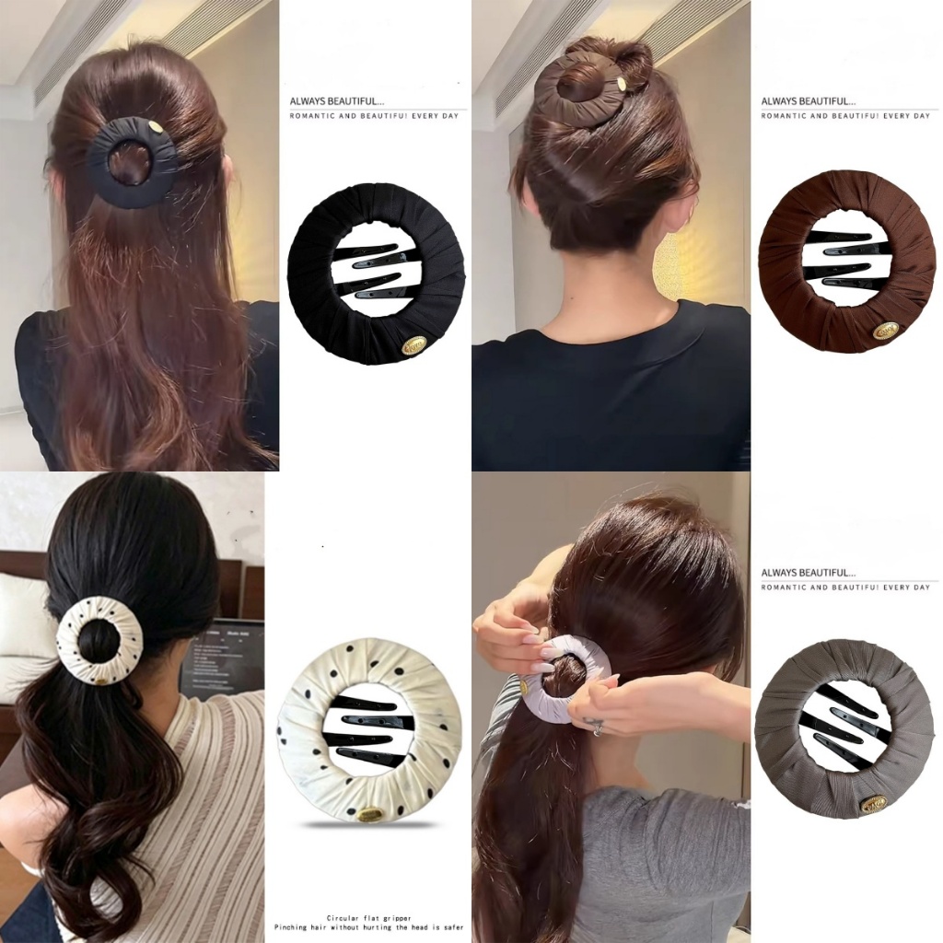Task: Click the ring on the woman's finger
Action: [x=598, y=728]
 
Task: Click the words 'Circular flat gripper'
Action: [x=369, y=918]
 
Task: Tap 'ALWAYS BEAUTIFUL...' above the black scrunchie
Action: [x=337, y=101]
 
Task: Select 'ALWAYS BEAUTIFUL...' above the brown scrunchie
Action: [x=808, y=101]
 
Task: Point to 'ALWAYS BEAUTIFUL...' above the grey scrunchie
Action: [x=808, y=573]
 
